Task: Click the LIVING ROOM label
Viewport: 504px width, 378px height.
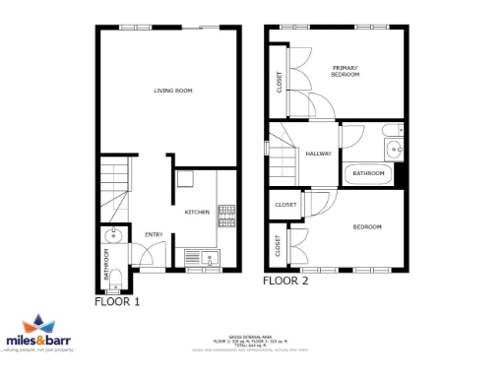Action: click(172, 91)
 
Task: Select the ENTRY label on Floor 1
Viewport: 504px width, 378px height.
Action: click(154, 234)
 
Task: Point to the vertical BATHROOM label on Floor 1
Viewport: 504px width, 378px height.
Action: click(107, 264)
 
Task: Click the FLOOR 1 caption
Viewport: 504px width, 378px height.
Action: click(117, 302)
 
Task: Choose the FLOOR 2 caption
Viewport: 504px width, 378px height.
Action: click(285, 281)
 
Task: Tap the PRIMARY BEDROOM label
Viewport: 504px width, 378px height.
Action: click(345, 71)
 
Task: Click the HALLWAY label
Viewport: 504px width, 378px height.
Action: click(318, 154)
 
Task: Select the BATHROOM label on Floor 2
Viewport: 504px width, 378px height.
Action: click(368, 174)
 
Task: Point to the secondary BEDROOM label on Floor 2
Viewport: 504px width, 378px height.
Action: click(367, 227)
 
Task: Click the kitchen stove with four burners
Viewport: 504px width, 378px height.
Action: click(225, 217)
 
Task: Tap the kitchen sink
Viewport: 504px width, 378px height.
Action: click(209, 259)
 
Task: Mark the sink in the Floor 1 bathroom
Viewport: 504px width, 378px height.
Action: click(114, 235)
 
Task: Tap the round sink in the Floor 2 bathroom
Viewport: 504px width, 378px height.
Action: click(394, 150)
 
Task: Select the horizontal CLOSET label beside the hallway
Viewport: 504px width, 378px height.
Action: click(285, 205)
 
